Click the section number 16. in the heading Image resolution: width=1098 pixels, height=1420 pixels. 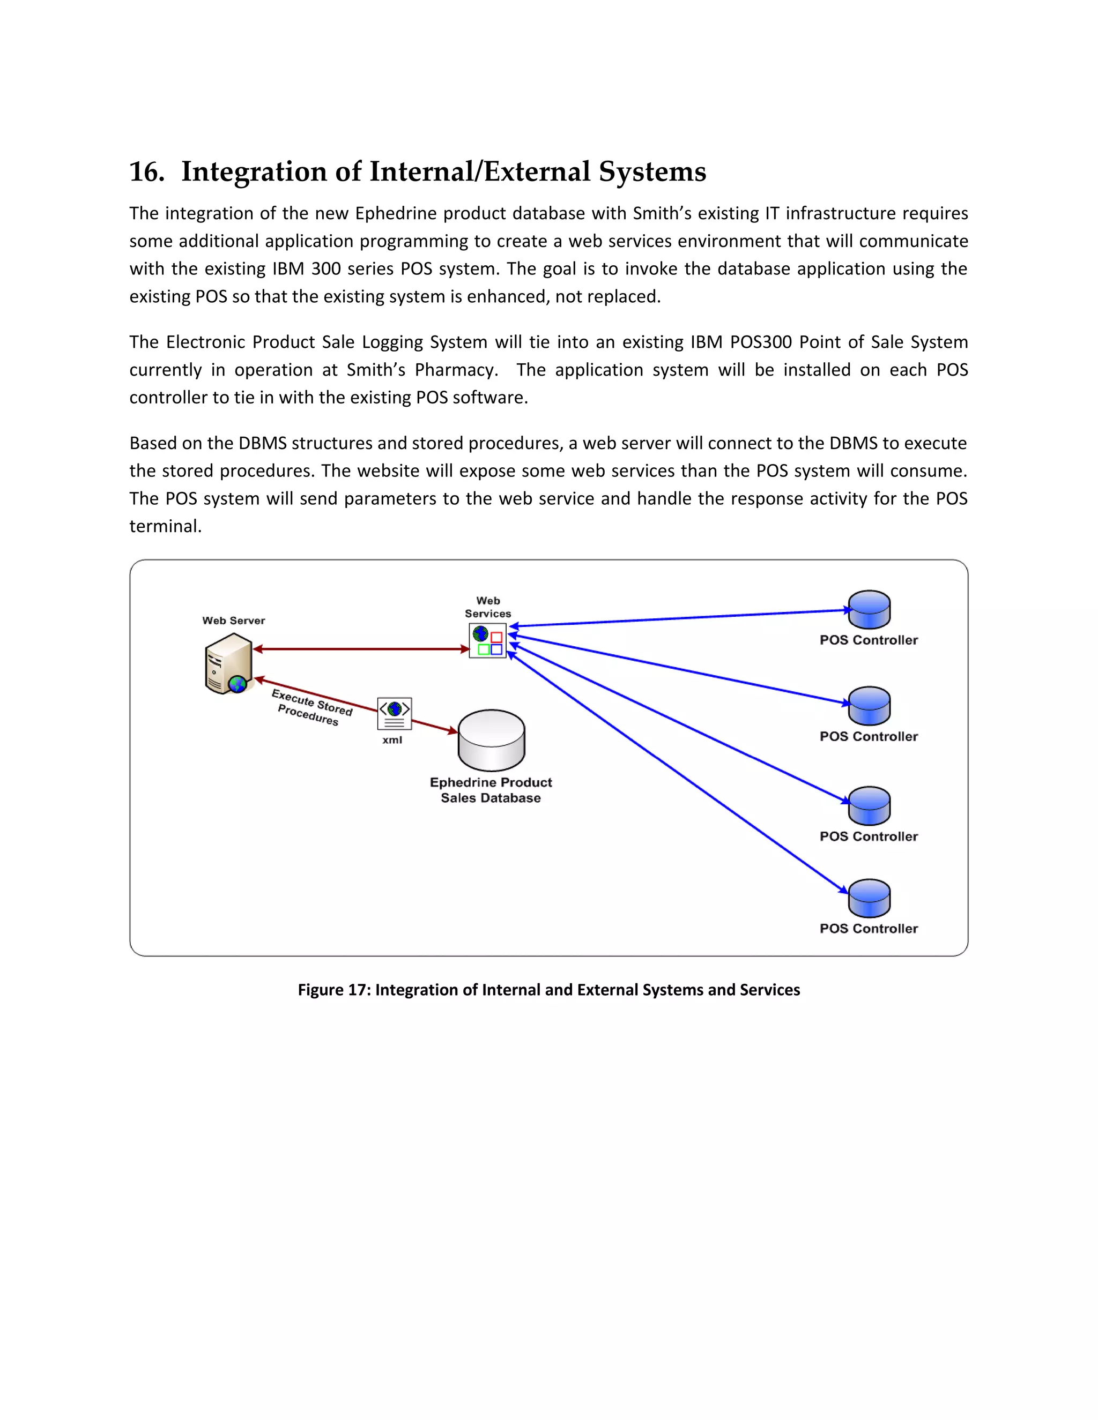pyautogui.click(x=146, y=173)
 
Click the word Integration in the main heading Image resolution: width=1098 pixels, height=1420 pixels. pyautogui.click(x=254, y=173)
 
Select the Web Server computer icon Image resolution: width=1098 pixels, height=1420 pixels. pyautogui.click(x=228, y=664)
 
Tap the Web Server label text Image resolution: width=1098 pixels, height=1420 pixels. pyautogui.click(x=234, y=621)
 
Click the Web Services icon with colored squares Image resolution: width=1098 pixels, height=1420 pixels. pyautogui.click(x=488, y=640)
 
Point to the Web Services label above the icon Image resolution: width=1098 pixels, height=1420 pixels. pyautogui.click(x=488, y=607)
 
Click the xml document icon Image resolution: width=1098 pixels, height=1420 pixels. pyautogui.click(x=394, y=713)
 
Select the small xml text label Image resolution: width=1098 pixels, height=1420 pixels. pyautogui.click(x=392, y=740)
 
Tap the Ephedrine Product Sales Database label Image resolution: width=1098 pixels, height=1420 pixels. pyautogui.click(x=491, y=790)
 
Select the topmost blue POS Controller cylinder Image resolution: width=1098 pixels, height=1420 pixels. pyautogui.click(x=869, y=609)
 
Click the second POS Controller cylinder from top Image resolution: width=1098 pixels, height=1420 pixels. pyautogui.click(x=869, y=706)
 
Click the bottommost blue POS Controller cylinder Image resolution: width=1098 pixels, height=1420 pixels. pyautogui.click(x=869, y=898)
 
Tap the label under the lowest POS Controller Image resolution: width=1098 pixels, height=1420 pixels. pyautogui.click(x=869, y=929)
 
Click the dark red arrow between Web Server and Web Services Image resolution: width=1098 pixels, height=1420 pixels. pyautogui.click(x=361, y=649)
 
